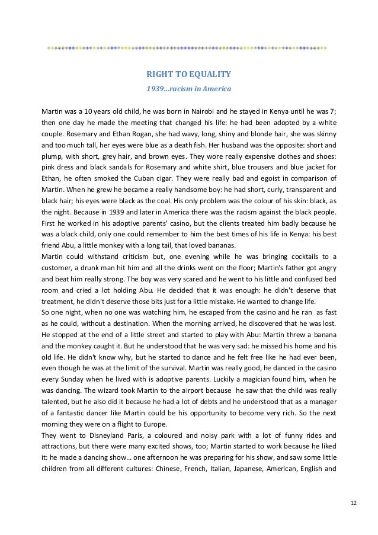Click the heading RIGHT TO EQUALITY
[x=188, y=75]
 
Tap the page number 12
[x=353, y=503]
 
